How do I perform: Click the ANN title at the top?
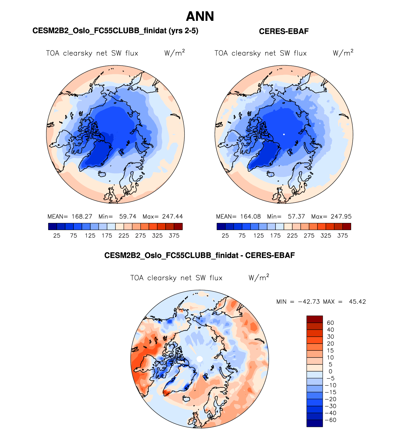point(200,16)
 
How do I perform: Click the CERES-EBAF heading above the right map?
point(284,31)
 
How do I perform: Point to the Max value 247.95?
point(341,217)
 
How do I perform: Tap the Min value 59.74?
point(128,217)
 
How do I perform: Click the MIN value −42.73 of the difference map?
point(309,302)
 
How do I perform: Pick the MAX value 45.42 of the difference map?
point(357,302)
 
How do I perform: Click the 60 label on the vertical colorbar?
point(330,323)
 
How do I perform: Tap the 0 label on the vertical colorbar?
point(330,372)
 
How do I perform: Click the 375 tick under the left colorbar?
point(174,236)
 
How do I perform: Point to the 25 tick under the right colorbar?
point(225,236)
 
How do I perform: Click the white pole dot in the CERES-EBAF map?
point(284,134)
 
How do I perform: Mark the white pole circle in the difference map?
point(200,359)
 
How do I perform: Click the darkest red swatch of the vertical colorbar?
point(314,319)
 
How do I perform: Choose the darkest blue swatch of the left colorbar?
point(53,226)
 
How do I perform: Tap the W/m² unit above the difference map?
point(258,278)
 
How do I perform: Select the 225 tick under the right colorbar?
point(292,236)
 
